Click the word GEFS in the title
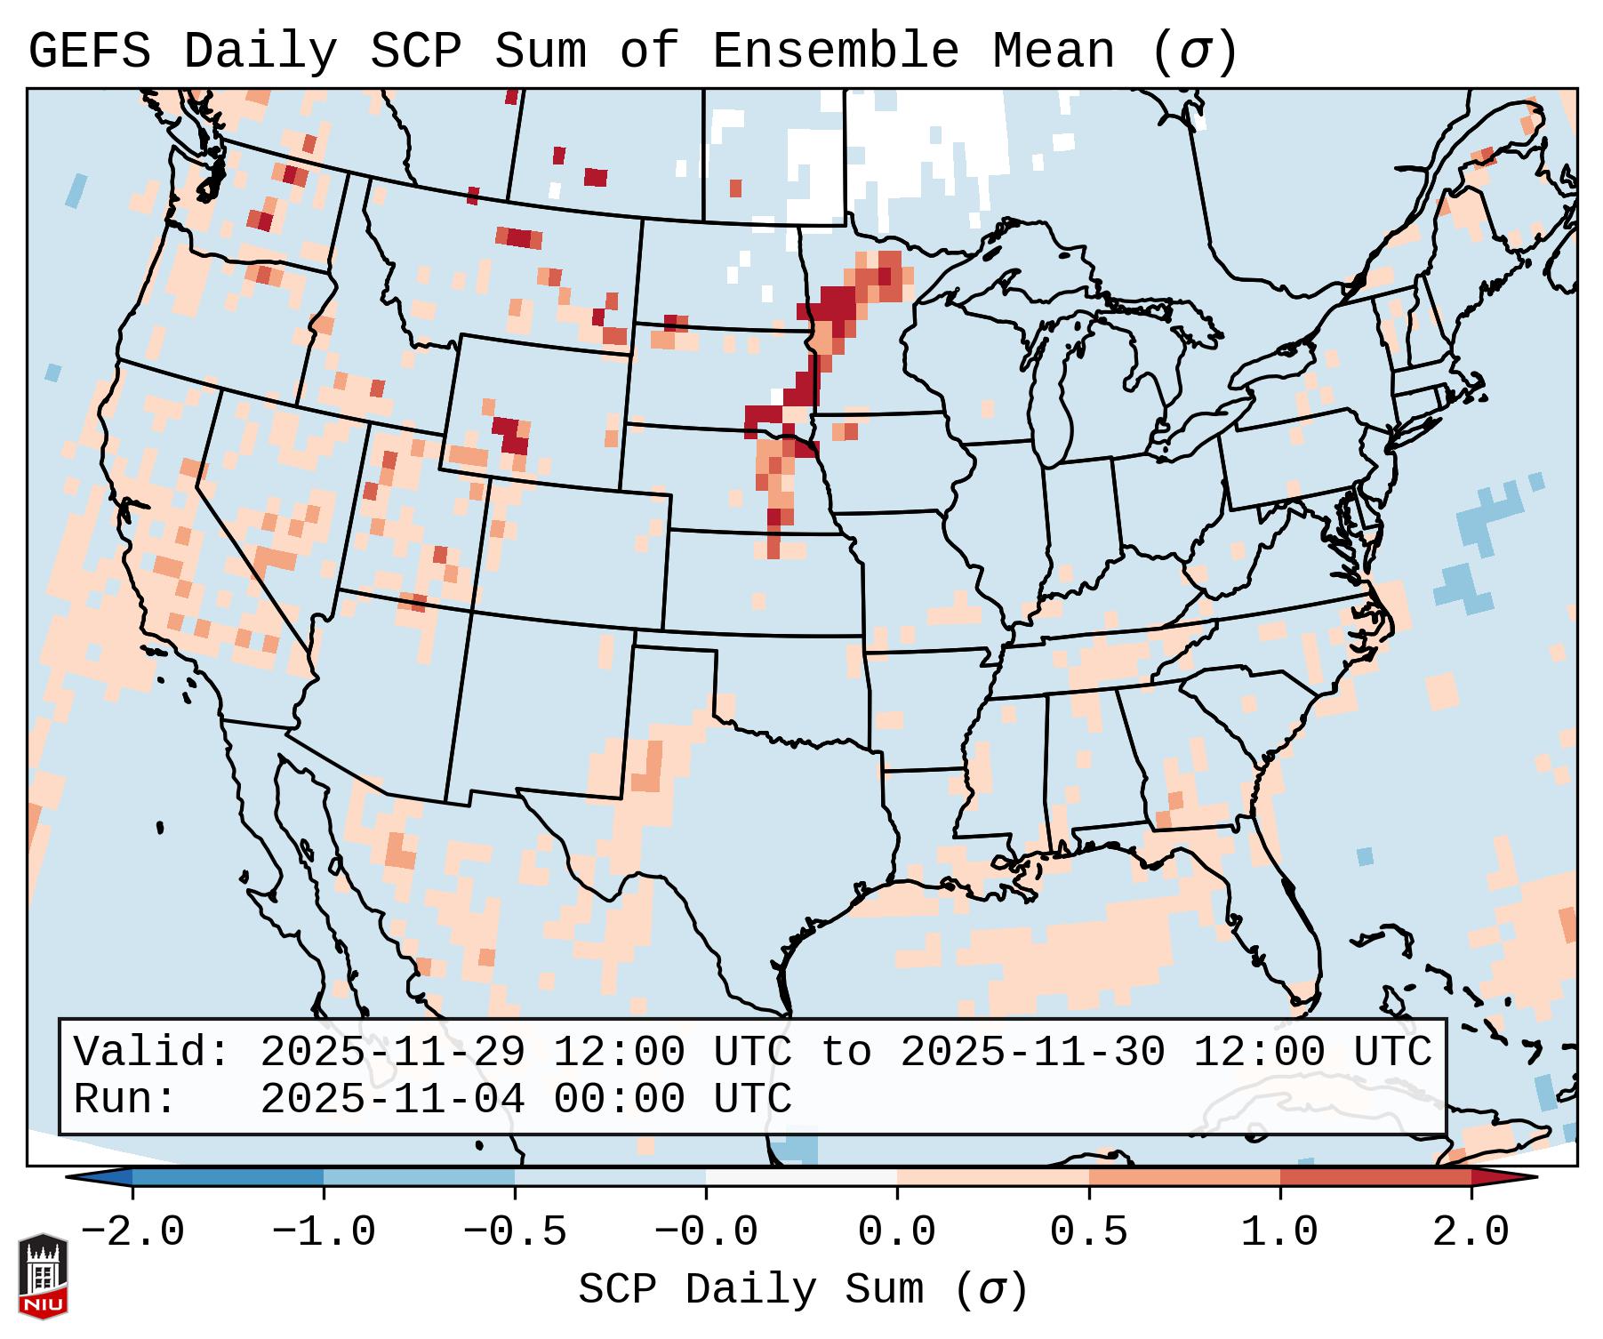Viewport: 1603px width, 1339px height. pyautogui.click(x=90, y=51)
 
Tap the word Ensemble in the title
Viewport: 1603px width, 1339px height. pyautogui.click(x=836, y=51)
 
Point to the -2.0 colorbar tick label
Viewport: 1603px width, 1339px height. pyautogui.click(x=132, y=1232)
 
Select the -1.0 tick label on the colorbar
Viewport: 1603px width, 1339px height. pyautogui.click(x=324, y=1232)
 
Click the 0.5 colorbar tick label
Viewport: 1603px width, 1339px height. pyautogui.click(x=1088, y=1232)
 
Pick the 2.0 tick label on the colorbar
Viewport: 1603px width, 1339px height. pyautogui.click(x=1471, y=1232)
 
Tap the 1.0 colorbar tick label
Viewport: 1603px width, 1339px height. pyautogui.click(x=1279, y=1232)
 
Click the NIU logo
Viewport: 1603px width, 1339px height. pyautogui.click(x=43, y=1276)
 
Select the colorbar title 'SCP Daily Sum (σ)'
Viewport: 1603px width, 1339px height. pyautogui.click(x=803, y=1289)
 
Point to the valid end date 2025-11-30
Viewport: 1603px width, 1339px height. pyautogui.click(x=1032, y=1052)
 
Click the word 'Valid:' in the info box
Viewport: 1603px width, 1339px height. pyautogui.click(x=152, y=1052)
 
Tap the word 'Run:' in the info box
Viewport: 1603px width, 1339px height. pyautogui.click(x=125, y=1099)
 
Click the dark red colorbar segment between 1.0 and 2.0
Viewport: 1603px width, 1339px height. pyautogui.click(x=1375, y=1177)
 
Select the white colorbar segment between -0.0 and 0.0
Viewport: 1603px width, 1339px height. pyautogui.click(x=801, y=1177)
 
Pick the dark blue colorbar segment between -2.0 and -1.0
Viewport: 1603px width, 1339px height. pyautogui.click(x=228, y=1177)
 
